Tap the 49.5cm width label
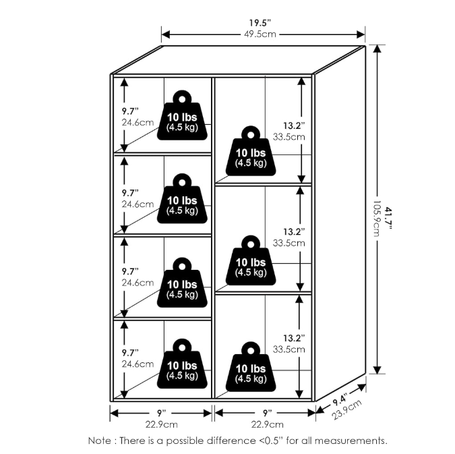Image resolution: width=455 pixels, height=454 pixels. (262, 34)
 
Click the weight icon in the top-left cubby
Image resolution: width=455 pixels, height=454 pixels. (182, 115)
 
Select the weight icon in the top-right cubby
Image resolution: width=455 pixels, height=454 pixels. (250, 152)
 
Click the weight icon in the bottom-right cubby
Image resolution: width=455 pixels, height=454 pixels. (250, 368)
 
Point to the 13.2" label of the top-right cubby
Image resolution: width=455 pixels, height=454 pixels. (293, 125)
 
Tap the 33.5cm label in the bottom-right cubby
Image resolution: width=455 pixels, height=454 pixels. (289, 349)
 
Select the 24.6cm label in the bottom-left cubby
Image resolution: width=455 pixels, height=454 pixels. (138, 364)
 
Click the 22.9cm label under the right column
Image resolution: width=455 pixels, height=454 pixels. (267, 424)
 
